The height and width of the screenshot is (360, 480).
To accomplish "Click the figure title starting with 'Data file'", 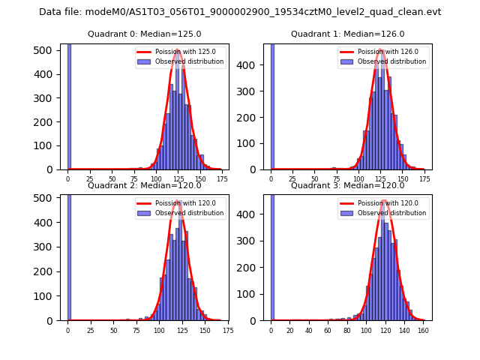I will (x=240, y=12).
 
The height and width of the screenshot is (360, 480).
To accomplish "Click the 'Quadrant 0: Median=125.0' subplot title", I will (x=145, y=34).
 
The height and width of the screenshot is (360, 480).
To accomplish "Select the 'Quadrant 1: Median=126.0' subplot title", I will (x=347, y=34).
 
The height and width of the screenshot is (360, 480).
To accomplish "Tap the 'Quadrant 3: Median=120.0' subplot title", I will (x=347, y=185).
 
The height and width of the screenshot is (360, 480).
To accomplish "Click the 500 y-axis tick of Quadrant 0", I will (x=47, y=49).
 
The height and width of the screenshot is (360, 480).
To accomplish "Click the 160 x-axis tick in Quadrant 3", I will (x=424, y=331).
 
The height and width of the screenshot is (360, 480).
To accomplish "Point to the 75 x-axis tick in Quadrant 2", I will (x=136, y=331).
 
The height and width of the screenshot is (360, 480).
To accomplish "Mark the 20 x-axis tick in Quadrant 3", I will (x=290, y=331).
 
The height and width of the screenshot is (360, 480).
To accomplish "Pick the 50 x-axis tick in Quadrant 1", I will (x=315, y=180).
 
